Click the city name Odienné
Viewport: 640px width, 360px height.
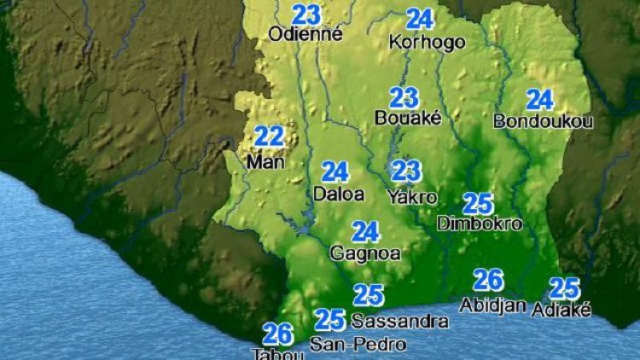(x=305, y=35)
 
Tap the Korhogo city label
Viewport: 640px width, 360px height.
(x=427, y=42)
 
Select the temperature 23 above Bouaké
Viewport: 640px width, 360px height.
(x=404, y=97)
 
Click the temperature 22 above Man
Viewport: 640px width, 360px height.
(x=270, y=136)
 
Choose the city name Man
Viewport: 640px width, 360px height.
(x=264, y=160)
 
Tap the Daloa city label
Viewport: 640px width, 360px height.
(x=339, y=195)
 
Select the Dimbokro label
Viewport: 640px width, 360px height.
(x=479, y=224)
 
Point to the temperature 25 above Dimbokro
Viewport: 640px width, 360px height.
(x=478, y=203)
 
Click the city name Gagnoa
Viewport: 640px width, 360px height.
(x=365, y=253)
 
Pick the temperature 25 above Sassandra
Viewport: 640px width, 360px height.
(x=369, y=295)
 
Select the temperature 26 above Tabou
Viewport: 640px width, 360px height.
(x=278, y=334)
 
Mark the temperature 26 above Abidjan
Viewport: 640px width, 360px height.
(x=488, y=280)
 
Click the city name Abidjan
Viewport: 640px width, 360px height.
(x=492, y=305)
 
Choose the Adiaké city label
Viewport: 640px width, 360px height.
(x=561, y=311)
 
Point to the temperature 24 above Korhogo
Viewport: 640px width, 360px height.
(x=420, y=19)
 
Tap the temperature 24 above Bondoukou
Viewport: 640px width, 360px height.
(x=539, y=100)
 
